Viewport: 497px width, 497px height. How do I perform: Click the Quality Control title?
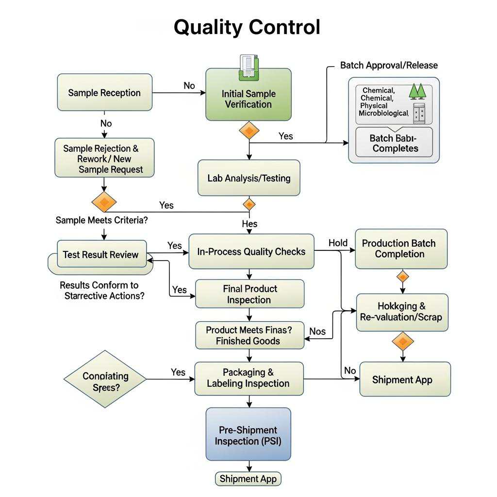coord(247,27)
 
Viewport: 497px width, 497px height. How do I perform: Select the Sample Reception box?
coord(104,93)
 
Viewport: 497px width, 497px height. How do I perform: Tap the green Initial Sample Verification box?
coord(248,99)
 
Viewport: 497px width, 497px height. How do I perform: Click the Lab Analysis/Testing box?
coord(249,178)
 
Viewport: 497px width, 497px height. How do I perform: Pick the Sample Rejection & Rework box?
coord(104,158)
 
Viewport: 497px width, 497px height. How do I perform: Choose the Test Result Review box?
coord(101,254)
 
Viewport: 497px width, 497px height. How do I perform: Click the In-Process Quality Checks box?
coord(251,251)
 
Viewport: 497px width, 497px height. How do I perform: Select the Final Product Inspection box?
coord(250,294)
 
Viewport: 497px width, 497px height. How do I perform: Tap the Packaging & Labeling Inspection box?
coord(248,378)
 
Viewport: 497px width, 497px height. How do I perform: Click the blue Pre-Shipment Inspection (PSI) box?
coord(248,435)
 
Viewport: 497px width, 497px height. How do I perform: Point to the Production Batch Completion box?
coord(401,248)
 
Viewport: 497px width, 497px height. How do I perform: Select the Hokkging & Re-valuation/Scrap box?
coord(402,312)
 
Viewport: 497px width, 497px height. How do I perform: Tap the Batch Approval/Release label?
coord(389,65)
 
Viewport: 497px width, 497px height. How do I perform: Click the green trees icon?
coord(417,91)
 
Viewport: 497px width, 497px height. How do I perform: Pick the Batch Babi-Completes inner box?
coord(394,143)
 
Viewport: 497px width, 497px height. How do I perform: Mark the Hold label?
coord(338,243)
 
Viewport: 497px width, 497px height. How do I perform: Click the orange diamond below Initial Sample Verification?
coord(249,130)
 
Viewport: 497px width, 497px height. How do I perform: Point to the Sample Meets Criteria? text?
coord(102,220)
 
